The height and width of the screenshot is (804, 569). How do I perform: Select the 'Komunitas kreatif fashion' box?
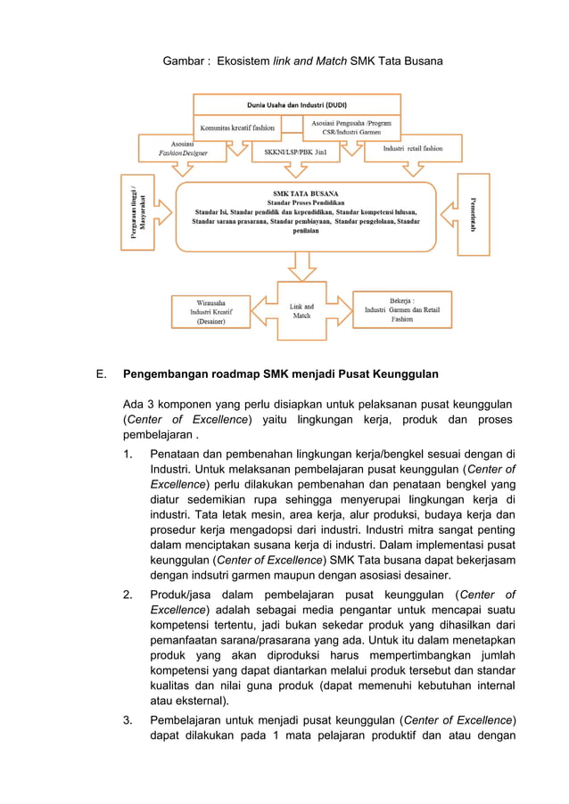[236, 127]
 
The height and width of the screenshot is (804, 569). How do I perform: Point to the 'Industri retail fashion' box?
[413, 148]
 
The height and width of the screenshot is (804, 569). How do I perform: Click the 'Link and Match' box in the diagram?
[301, 311]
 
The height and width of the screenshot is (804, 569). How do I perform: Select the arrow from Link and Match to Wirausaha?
[263, 309]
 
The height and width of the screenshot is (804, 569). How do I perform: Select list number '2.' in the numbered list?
[129, 595]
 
